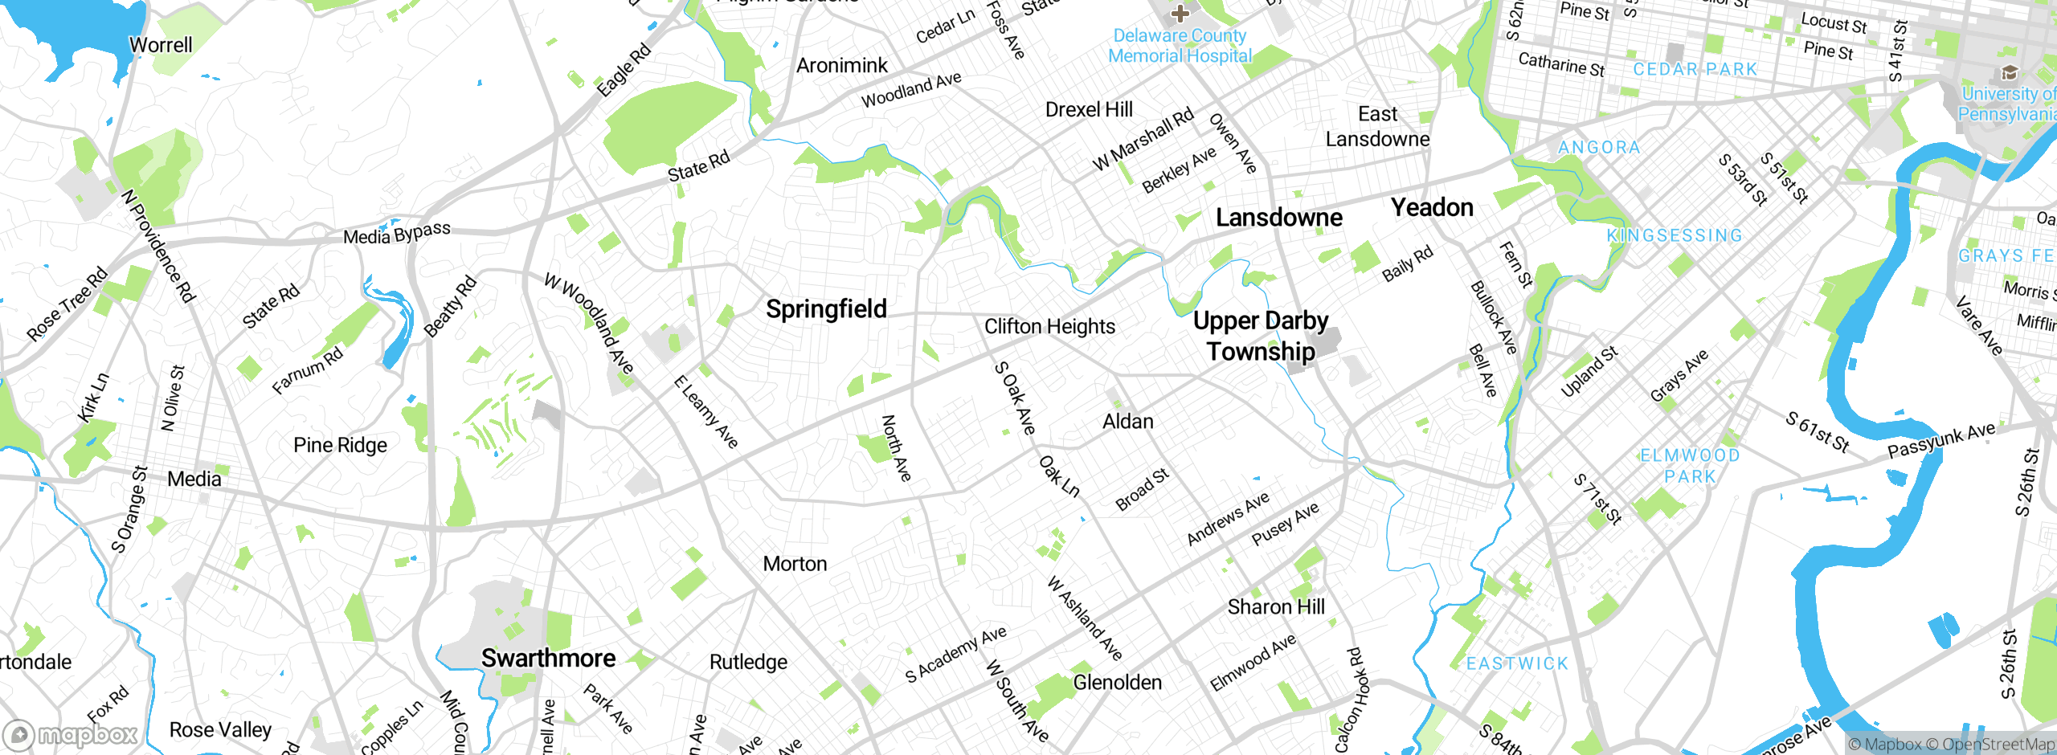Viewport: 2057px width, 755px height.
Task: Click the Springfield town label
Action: (x=826, y=309)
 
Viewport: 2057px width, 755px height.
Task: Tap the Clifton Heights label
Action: (x=1049, y=327)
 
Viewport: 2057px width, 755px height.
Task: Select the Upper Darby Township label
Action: (x=1260, y=336)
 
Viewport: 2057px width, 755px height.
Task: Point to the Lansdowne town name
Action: (x=1278, y=218)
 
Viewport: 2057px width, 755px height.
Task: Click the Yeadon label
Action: (x=1432, y=208)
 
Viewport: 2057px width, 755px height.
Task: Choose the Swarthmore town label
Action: (x=548, y=659)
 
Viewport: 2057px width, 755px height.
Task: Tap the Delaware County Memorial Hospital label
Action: (x=1180, y=46)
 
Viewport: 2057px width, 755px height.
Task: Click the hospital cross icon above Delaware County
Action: (x=1180, y=13)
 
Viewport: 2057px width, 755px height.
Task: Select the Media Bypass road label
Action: (x=397, y=234)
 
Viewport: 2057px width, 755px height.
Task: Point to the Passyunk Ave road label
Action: (x=1941, y=440)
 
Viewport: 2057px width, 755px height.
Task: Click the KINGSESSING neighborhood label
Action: (x=1675, y=235)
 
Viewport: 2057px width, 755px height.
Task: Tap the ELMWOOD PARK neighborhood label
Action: (x=1690, y=466)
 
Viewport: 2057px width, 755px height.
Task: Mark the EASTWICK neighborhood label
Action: (x=1517, y=663)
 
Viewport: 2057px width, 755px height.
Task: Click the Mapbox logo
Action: (x=71, y=734)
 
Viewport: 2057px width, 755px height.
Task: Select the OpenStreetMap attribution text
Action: (x=1998, y=745)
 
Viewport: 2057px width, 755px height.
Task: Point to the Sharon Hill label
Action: (x=1276, y=607)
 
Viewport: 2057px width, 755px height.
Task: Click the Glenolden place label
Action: (x=1117, y=683)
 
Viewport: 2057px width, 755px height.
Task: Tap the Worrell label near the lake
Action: (x=161, y=45)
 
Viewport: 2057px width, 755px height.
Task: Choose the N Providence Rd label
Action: (x=158, y=247)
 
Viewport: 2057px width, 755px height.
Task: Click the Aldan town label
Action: (x=1127, y=422)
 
